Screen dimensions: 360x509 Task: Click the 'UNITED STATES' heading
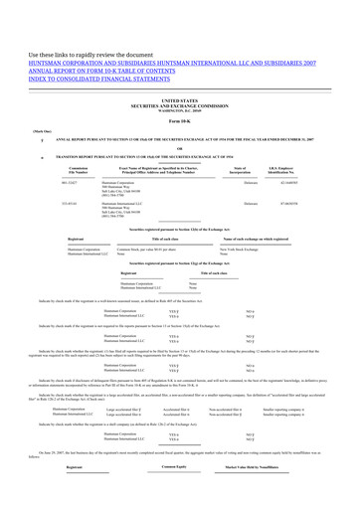[179, 100]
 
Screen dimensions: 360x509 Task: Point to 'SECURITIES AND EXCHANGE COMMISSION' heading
[179, 105]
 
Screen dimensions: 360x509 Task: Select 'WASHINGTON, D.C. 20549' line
[179, 110]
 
